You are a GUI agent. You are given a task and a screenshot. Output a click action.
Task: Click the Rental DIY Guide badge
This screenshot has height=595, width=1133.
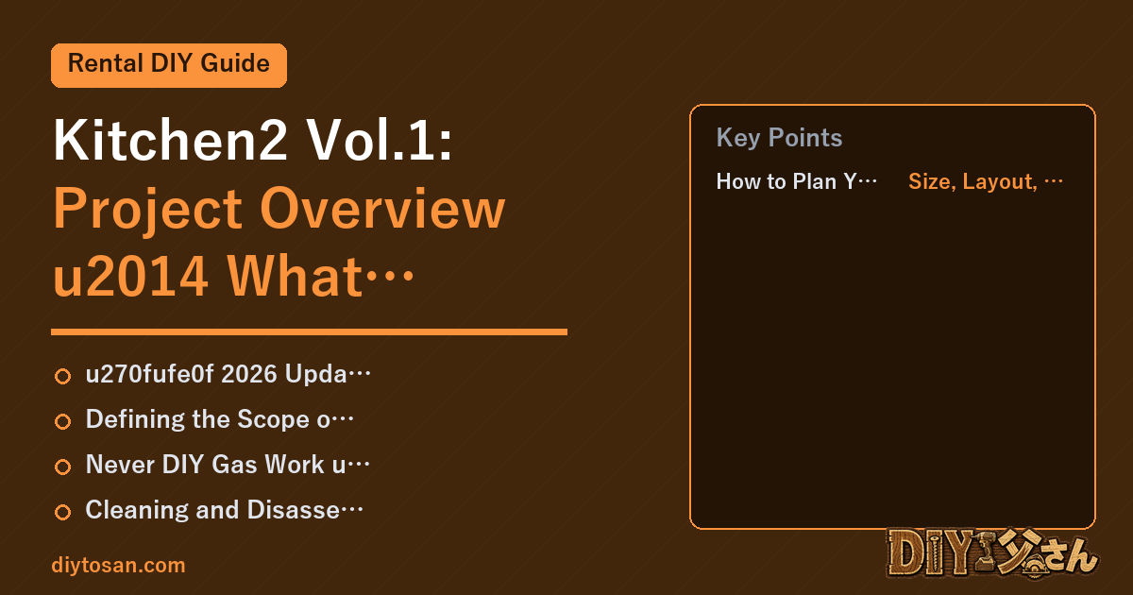pyautogui.click(x=169, y=65)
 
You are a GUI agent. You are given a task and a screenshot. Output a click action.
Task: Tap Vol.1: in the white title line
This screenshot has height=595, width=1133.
pyautogui.click(x=380, y=140)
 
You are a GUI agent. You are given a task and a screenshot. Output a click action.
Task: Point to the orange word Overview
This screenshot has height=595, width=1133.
pyautogui.click(x=383, y=209)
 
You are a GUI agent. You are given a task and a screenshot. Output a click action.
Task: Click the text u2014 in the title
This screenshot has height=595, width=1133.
pyautogui.click(x=130, y=276)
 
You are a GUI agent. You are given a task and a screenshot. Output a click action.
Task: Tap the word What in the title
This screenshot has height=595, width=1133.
pyautogui.click(x=295, y=276)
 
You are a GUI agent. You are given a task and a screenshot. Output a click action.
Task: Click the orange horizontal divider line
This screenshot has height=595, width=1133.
pyautogui.click(x=309, y=331)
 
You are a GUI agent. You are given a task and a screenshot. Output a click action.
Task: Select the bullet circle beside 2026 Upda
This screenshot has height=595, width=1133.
pyautogui.click(x=62, y=376)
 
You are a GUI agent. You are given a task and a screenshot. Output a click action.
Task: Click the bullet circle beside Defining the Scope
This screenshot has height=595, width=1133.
pyautogui.click(x=62, y=421)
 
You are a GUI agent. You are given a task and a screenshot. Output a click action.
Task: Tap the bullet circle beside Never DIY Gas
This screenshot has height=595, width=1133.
pyautogui.click(x=62, y=467)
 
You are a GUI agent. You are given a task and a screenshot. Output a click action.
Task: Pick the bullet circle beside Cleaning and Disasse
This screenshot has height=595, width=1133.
pyautogui.click(x=62, y=512)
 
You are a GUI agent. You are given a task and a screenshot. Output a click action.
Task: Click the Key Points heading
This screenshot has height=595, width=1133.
pyautogui.click(x=779, y=138)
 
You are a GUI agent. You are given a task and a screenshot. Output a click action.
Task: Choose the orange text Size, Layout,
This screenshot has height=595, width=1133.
pyautogui.click(x=973, y=181)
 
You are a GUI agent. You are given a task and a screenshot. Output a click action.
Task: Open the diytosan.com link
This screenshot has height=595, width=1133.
pyautogui.click(x=118, y=565)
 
